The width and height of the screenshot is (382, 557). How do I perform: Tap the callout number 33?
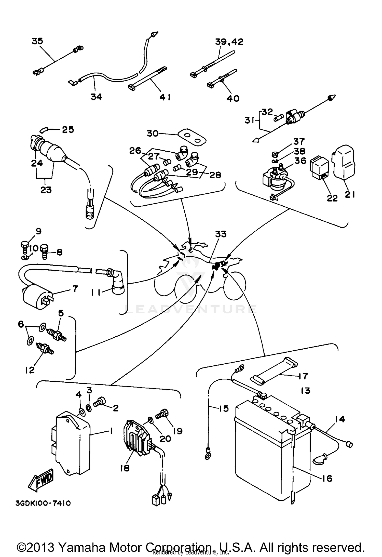click(x=221, y=234)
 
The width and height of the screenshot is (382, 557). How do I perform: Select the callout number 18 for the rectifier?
click(x=125, y=468)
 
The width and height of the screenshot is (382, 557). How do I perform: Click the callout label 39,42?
click(x=229, y=42)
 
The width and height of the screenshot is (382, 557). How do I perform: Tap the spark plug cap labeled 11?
click(x=118, y=284)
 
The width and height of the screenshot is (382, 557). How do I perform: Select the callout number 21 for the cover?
click(x=350, y=194)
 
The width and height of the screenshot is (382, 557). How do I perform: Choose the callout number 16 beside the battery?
click(x=327, y=479)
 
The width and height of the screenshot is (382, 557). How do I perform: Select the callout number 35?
click(x=37, y=41)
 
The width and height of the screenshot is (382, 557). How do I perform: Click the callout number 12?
click(x=30, y=370)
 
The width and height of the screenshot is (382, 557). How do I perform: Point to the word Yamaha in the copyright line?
click(x=82, y=547)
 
